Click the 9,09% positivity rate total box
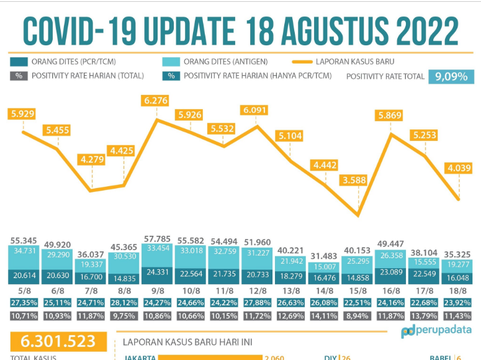click(x=451, y=76)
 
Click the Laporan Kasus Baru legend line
click(x=302, y=62)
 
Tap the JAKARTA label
click(x=140, y=358)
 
